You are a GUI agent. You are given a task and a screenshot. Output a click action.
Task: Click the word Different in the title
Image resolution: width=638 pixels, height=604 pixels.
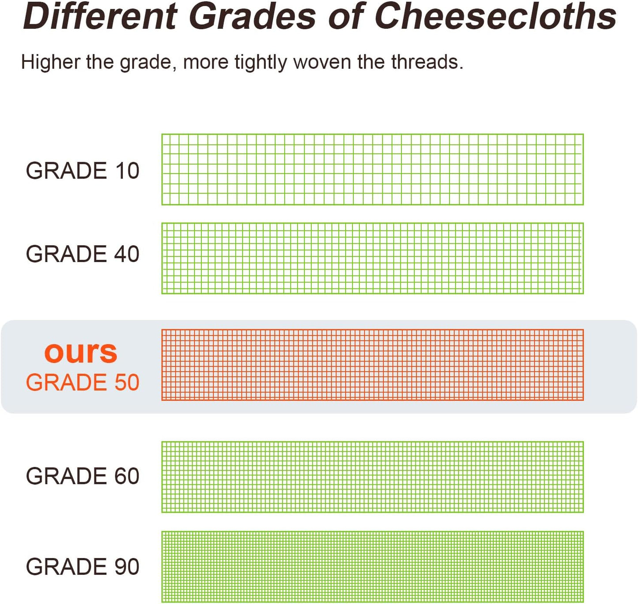pyautogui.click(x=100, y=17)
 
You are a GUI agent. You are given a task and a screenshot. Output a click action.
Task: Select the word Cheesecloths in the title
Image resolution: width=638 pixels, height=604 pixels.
pyautogui.click(x=495, y=17)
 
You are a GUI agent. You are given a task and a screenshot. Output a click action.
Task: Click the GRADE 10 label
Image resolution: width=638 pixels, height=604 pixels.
pyautogui.click(x=83, y=171)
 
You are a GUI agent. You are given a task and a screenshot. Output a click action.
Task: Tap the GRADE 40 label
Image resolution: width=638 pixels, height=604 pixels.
pyautogui.click(x=83, y=254)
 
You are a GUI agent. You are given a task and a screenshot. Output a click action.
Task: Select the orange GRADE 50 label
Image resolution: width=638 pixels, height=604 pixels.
pyautogui.click(x=83, y=382)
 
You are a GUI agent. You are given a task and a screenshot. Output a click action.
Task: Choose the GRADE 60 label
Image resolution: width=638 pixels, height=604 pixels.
pyautogui.click(x=83, y=476)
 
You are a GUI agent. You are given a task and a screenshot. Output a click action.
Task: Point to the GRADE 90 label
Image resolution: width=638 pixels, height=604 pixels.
pyautogui.click(x=83, y=567)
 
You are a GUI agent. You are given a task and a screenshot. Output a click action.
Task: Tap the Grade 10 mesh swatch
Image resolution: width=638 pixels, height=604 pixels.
pyautogui.click(x=372, y=170)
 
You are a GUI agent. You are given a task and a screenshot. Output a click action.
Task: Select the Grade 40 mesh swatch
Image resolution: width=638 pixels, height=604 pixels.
pyautogui.click(x=372, y=258)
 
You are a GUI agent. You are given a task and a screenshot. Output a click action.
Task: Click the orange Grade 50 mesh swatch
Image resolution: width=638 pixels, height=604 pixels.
pyautogui.click(x=372, y=365)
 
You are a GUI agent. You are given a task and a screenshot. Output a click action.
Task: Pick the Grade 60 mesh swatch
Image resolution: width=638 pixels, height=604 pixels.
pyautogui.click(x=372, y=477)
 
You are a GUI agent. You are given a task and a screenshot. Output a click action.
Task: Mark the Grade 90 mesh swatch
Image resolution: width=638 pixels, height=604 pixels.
pyautogui.click(x=372, y=567)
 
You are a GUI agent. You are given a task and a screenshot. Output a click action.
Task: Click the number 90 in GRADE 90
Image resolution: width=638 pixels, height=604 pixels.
pyautogui.click(x=127, y=567)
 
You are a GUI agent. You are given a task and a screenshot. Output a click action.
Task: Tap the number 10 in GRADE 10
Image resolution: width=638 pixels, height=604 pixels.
pyautogui.click(x=127, y=171)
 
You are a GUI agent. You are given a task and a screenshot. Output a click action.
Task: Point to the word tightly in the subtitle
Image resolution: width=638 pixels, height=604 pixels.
pyautogui.click(x=260, y=62)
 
